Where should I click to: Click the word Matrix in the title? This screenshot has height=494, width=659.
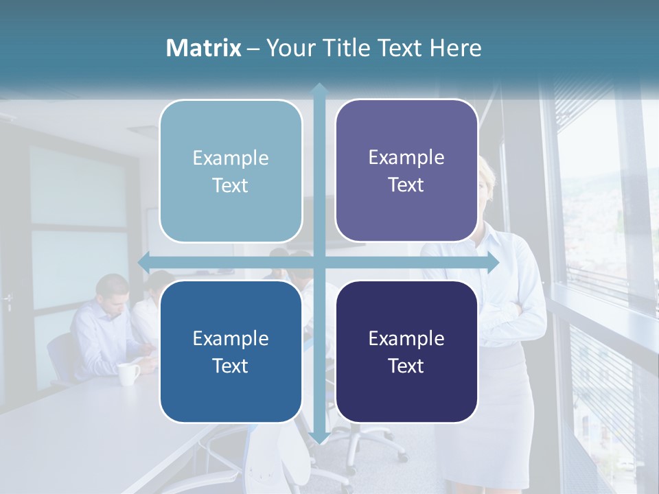pos(204,48)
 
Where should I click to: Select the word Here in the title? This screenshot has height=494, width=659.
pos(456,48)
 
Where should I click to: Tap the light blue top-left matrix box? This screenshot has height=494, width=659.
pos(231,172)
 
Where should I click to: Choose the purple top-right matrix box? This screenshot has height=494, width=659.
pos(406,171)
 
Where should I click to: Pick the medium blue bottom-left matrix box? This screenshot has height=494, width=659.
pos(231,351)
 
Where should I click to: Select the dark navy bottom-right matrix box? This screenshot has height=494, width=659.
pos(406,351)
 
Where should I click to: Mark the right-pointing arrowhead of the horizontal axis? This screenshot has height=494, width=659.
pos(492,263)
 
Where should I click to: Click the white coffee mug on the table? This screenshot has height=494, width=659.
pos(128,373)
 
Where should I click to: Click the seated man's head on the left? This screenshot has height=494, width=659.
pos(113,291)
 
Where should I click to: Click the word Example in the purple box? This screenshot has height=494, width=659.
pos(406,158)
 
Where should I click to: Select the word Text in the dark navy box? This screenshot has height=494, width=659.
pos(406,366)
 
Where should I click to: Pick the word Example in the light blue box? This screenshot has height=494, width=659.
pos(231,158)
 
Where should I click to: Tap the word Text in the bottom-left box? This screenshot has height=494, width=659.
pos(231,366)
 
